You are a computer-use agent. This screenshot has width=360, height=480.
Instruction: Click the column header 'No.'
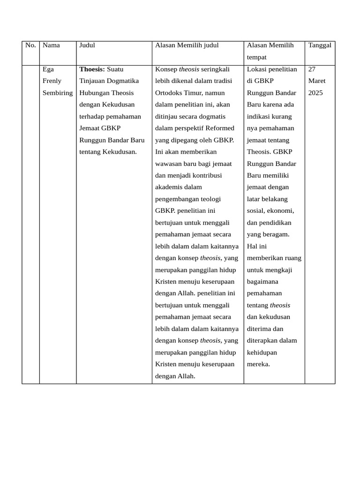pos(30,45)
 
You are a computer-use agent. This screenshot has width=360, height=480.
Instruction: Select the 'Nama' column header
pos(51,45)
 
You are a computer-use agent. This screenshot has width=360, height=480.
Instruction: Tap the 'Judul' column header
pos(87,45)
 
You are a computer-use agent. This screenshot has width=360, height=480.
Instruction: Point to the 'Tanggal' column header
pos(320,45)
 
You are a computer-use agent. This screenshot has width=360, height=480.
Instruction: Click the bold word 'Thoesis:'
pos(92,69)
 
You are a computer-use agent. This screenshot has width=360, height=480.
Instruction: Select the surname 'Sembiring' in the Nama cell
pos(58,93)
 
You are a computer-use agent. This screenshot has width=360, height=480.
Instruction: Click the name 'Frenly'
pos(52,81)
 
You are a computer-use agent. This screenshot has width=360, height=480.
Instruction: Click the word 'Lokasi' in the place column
pos(256,69)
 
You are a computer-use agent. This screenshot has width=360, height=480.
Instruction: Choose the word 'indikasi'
pos(259,116)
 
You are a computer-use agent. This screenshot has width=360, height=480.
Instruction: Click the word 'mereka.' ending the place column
pos(258,364)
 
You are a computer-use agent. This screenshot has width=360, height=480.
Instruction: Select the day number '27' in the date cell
pos(312,69)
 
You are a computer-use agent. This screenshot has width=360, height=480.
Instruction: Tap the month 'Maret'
pos(317,81)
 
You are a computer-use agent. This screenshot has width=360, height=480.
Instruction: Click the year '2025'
pos(315,93)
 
